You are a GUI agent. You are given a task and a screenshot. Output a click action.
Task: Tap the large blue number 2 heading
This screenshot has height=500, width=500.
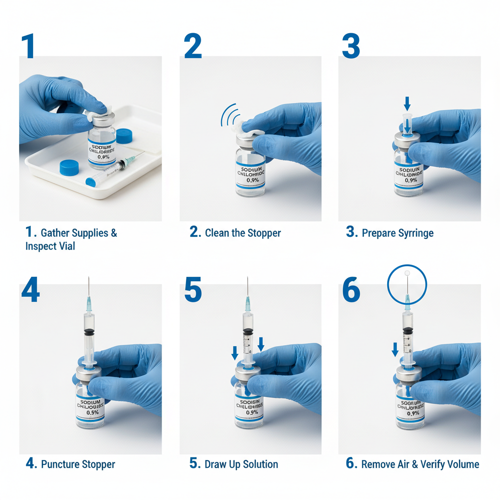[x=193, y=46]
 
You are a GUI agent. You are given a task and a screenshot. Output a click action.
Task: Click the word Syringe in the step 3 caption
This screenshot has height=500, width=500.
[x=415, y=233]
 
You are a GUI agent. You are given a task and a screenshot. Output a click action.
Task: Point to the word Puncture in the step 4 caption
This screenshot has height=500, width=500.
[x=61, y=464]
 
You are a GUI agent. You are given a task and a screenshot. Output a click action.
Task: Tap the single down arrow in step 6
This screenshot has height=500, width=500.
[x=395, y=349]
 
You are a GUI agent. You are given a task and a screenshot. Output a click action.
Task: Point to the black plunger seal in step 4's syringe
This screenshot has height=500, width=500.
[x=89, y=332]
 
